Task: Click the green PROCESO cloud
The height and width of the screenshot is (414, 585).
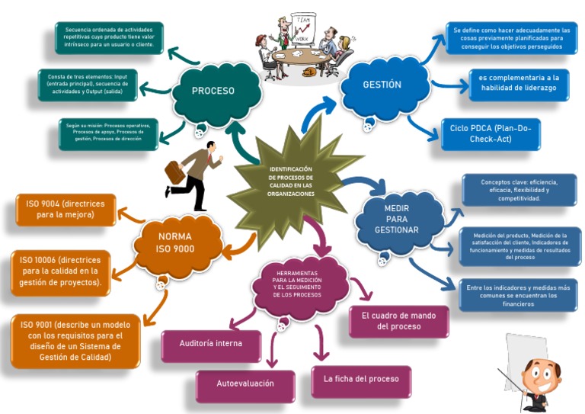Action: point(213,91)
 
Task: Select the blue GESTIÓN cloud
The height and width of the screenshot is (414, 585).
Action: point(382,85)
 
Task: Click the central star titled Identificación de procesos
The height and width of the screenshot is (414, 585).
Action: point(291,181)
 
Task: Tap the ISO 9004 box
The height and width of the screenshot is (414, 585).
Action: point(66,210)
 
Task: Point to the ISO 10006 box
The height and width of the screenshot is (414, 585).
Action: point(61,271)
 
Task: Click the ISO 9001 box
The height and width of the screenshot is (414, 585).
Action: point(75,340)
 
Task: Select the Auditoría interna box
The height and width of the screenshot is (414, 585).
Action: point(211,345)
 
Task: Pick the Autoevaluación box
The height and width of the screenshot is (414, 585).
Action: point(245,384)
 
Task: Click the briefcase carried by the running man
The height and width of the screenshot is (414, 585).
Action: point(175,172)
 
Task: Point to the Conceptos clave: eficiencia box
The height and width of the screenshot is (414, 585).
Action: point(519,191)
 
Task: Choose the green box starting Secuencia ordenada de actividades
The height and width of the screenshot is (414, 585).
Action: point(109,38)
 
